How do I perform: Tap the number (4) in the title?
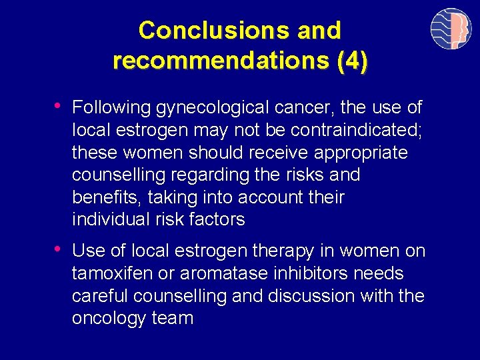pos(352,61)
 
